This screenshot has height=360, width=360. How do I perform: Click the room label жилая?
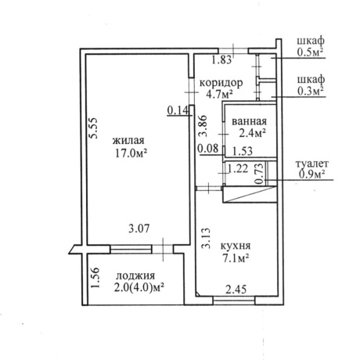pos(128,141)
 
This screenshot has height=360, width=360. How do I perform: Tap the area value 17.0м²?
pos(130,153)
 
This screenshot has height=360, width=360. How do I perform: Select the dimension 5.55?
pos(93,128)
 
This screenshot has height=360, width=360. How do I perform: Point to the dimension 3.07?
pos(139,229)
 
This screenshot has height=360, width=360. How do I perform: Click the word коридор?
pos(221,83)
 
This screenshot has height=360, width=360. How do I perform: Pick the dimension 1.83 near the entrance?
pos(221,60)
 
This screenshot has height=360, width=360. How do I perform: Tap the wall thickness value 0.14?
pos(178,110)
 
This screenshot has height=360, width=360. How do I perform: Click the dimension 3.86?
pos(203,126)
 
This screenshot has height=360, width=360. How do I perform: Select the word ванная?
pos(250,121)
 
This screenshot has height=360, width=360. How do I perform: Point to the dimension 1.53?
pos(243,151)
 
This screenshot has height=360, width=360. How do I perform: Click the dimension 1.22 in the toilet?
pos(238,169)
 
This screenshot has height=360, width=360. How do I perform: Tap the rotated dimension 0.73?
pos(259,174)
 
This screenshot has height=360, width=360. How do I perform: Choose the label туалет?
pos(312,164)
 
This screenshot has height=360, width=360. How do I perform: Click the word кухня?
pos(236,246)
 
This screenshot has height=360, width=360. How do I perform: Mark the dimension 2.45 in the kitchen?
pos(236,290)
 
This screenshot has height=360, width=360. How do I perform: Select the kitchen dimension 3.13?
pos(206,239)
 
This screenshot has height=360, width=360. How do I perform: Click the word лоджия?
pos(135,276)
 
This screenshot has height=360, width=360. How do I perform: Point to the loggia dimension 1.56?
pos(95,278)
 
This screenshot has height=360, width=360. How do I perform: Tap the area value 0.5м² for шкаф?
pos(311,52)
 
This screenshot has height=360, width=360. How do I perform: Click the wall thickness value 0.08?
pos(208,149)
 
